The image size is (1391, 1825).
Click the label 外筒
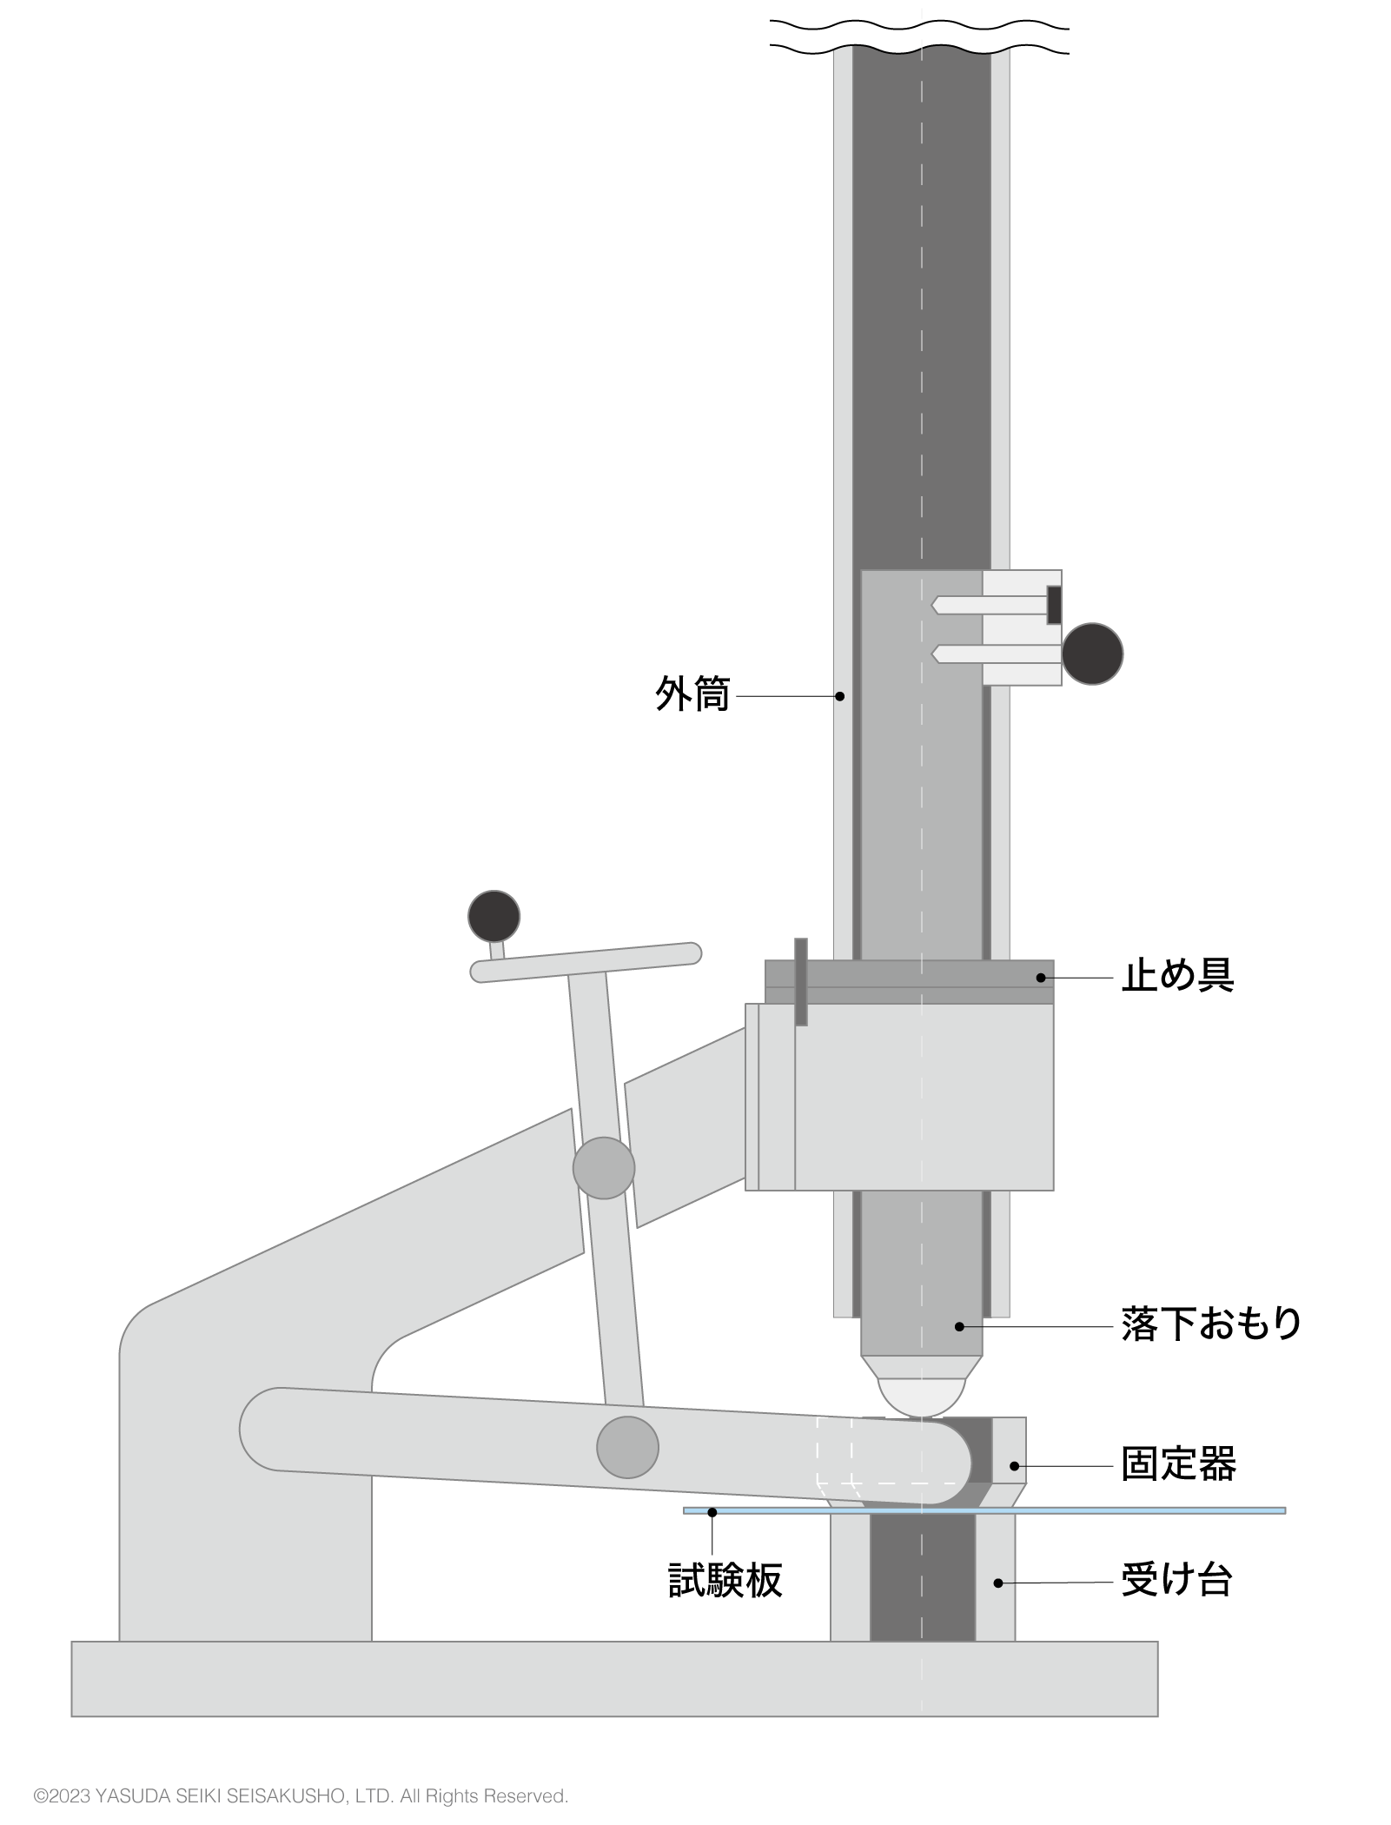(x=692, y=695)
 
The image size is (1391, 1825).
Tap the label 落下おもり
(x=1211, y=1325)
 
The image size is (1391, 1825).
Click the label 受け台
(x=1177, y=1581)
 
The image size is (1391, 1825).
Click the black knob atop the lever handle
(x=493, y=916)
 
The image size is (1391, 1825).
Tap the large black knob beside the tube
(x=1092, y=654)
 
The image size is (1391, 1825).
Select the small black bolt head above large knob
(x=1054, y=605)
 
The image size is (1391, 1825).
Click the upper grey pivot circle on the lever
(x=604, y=1168)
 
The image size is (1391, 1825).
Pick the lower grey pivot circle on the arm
(x=627, y=1447)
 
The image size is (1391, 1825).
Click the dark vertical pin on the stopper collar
(x=801, y=981)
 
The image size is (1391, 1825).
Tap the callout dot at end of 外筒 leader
(x=839, y=696)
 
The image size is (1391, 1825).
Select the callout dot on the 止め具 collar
(x=1041, y=978)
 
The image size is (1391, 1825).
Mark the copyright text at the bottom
(x=301, y=1795)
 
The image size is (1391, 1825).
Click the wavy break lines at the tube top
(x=920, y=36)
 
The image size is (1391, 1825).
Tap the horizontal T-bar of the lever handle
(x=586, y=962)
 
